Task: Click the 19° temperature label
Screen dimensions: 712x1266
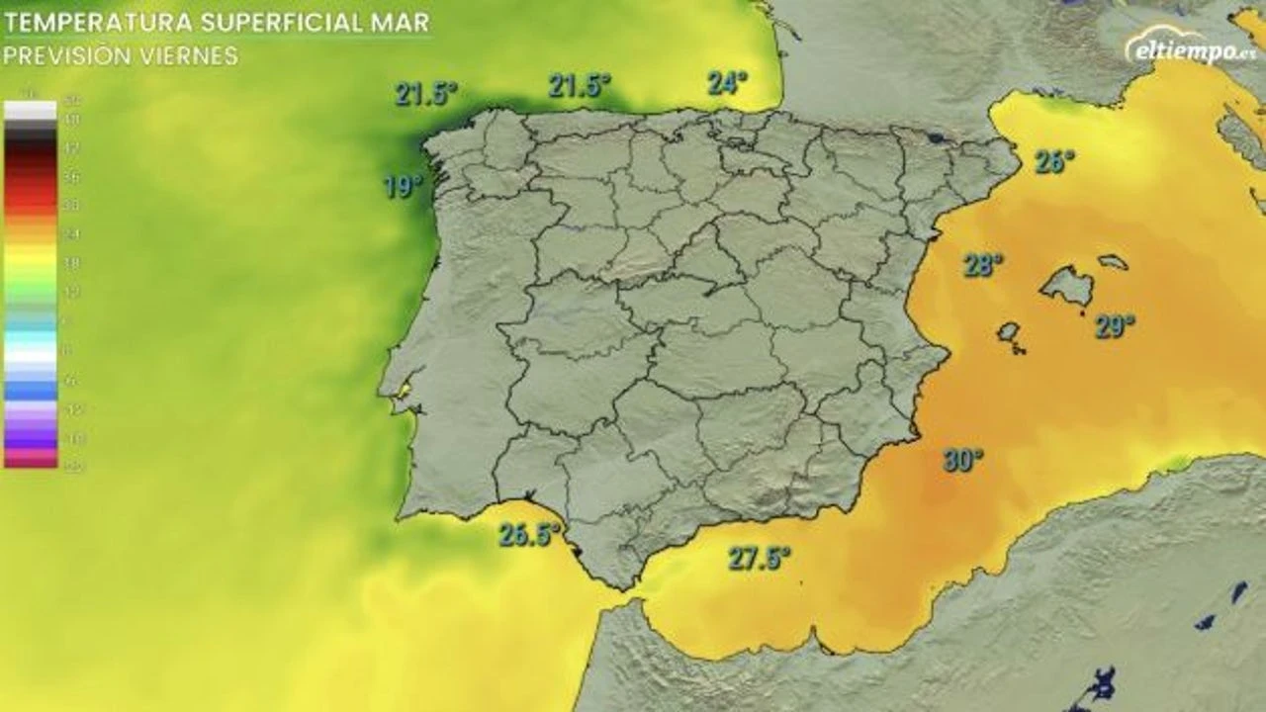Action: coord(403,186)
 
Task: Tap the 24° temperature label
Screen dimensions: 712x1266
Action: coord(727,83)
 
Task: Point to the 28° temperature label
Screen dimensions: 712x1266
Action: coord(983,264)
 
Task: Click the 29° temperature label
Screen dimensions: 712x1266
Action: coord(1115,326)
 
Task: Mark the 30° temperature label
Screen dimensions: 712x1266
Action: coord(962,460)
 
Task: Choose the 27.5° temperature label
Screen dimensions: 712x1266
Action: coord(761,559)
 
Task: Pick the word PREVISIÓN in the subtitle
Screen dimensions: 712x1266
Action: coord(66,56)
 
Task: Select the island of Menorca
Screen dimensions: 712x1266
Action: coord(1114,262)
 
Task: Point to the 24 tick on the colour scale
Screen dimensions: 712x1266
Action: coord(72,234)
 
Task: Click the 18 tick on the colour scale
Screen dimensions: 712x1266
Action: coord(72,263)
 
